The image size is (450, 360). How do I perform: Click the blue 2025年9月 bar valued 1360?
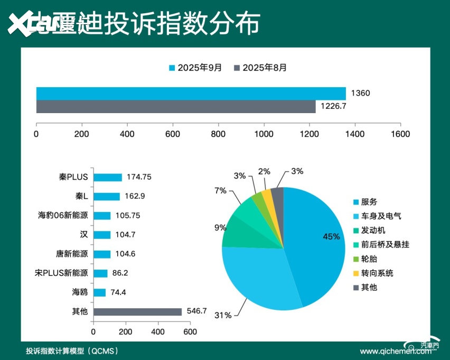pyautogui.click(x=191, y=94)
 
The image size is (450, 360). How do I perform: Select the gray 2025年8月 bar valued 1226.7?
pyautogui.click(x=176, y=106)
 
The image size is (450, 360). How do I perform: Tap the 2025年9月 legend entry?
pyautogui.click(x=195, y=68)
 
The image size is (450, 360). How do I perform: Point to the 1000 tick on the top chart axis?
pyautogui.click(x=264, y=134)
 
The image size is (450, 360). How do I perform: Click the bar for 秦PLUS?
pyautogui.click(x=107, y=178)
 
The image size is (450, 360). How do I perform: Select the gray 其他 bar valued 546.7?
pyautogui.click(x=137, y=312)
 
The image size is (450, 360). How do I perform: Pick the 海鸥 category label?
pyautogui.click(x=80, y=292)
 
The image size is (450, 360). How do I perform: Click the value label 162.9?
pyautogui.click(x=134, y=197)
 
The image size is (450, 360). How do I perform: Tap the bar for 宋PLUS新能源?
pyautogui.click(x=100, y=273)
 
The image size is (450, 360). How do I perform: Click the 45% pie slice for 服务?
pyautogui.click(x=317, y=238)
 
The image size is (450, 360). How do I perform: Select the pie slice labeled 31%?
pyautogui.click(x=259, y=280)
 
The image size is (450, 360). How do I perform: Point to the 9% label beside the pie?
pyautogui.click(x=220, y=228)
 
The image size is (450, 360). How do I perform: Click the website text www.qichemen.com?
pyautogui.click(x=395, y=351)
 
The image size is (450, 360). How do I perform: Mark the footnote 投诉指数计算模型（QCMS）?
pyautogui.click(x=72, y=350)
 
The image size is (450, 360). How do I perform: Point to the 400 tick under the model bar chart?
pyautogui.click(x=158, y=332)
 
